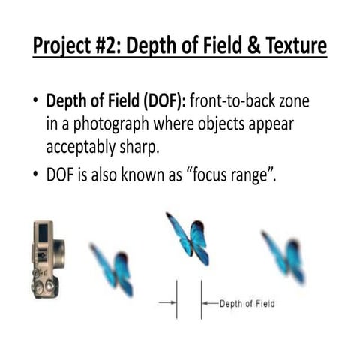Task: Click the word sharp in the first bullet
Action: coord(139,147)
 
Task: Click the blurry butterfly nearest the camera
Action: coord(112,268)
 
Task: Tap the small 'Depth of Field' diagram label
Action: coord(247,304)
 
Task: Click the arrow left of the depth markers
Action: coord(166,304)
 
